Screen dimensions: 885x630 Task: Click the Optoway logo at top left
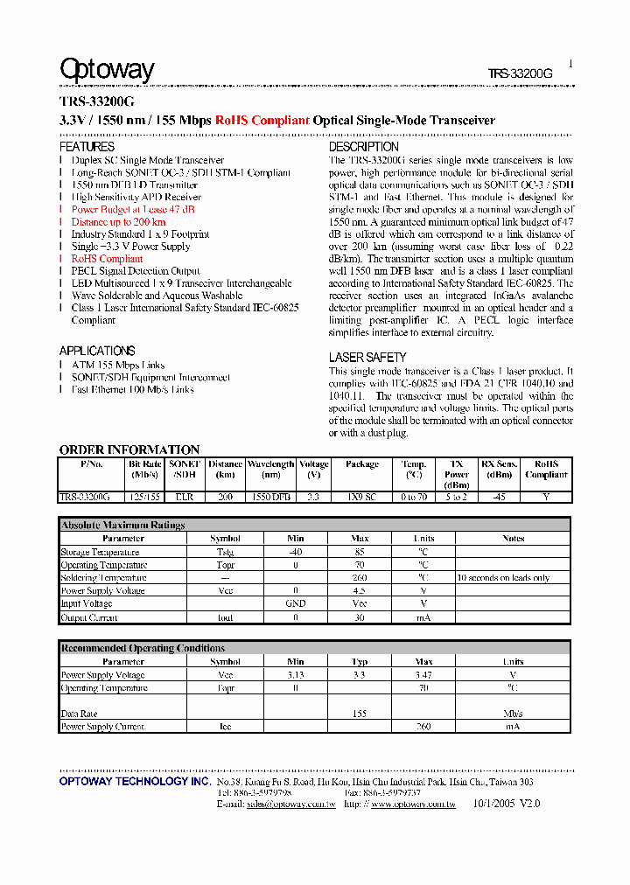[x=107, y=70]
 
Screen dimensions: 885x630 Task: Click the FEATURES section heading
[x=87, y=147]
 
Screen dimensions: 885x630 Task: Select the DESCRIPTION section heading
[x=363, y=147]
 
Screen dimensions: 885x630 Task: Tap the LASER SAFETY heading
[x=367, y=357]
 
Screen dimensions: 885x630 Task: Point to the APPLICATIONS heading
[x=97, y=351]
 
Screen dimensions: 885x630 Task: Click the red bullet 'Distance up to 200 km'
[x=118, y=222]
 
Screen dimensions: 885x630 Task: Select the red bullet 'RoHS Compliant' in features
[x=107, y=259]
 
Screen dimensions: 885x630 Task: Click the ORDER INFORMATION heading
[x=129, y=449]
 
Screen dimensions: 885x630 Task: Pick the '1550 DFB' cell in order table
[x=270, y=497]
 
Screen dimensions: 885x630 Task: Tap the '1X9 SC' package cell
[x=361, y=497]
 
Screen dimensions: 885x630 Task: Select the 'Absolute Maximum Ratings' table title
[x=122, y=525]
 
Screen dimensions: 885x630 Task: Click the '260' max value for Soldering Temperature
[x=360, y=578]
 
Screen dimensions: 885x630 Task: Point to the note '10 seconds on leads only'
[x=503, y=578]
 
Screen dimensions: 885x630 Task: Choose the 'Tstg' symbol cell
[x=225, y=552]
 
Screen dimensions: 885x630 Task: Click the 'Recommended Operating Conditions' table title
[x=143, y=648]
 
